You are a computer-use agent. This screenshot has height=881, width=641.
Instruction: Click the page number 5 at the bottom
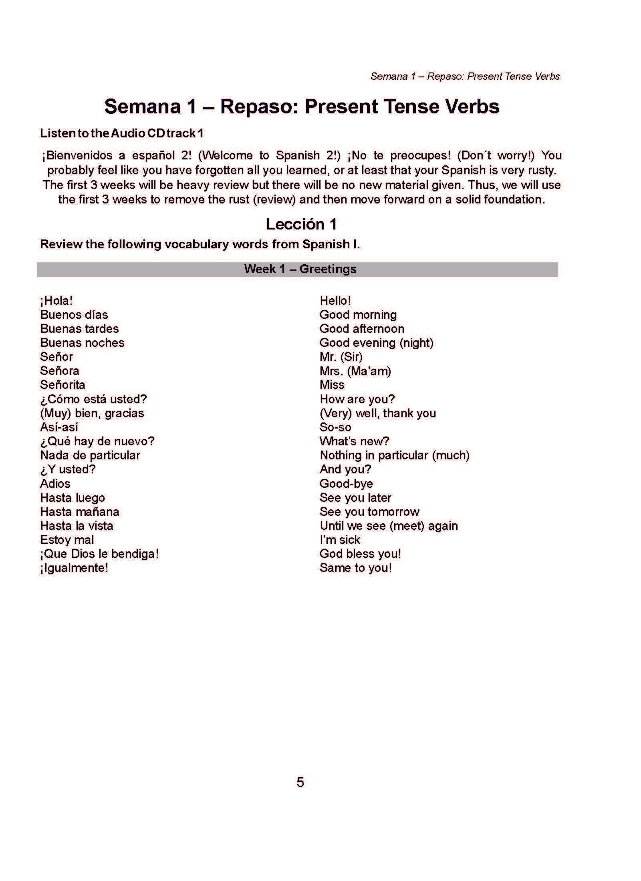point(300,782)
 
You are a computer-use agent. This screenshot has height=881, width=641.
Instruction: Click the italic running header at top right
point(465,76)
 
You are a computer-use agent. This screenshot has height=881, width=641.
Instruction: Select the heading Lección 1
point(301,224)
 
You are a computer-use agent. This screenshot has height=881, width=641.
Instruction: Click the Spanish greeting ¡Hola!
point(56,301)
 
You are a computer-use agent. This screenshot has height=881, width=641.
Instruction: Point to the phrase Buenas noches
point(82,343)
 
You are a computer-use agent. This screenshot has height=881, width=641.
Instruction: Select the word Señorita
point(62,385)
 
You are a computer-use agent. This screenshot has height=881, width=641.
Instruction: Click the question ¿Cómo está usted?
point(93,399)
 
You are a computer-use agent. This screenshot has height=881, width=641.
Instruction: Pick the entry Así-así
point(59,427)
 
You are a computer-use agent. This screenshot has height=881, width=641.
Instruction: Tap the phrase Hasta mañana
point(79,512)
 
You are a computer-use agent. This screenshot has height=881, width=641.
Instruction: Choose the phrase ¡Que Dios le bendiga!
point(99,554)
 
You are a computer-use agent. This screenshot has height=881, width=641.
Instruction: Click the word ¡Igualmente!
point(74,568)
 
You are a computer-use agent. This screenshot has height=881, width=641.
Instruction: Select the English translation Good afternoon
point(362,329)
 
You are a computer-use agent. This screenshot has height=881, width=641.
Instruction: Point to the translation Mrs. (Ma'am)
point(355,371)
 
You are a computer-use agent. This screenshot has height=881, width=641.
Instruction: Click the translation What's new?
point(354,441)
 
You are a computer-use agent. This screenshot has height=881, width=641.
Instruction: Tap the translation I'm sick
point(340,540)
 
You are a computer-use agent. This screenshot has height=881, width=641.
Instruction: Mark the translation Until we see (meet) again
point(388,526)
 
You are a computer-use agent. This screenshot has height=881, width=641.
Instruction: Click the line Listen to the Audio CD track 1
point(122,133)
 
